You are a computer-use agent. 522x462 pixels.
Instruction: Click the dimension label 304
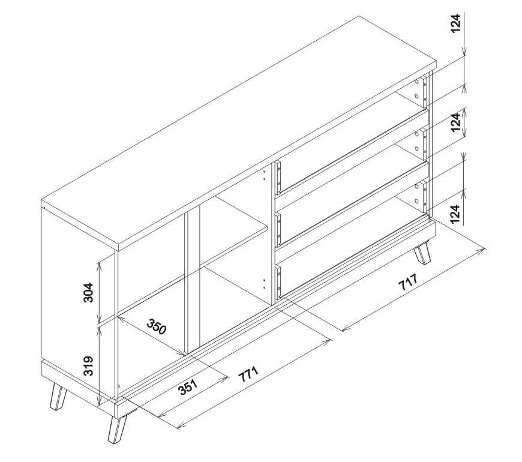88,292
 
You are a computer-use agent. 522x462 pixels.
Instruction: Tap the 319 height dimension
88,366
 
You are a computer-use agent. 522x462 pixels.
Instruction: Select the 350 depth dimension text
157,326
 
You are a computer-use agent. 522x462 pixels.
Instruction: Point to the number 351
187,387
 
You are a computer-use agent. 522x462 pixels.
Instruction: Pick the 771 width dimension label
248,374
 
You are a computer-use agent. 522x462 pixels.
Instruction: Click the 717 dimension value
407,282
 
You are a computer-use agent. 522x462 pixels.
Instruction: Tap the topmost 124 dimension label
456,23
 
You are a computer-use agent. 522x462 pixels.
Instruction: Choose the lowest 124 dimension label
456,214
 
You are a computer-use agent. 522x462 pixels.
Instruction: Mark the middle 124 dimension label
456,122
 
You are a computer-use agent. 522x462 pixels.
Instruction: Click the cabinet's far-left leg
57,397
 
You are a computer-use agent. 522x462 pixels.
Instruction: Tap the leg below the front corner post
117,429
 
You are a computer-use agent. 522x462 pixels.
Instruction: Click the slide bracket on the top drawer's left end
278,178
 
